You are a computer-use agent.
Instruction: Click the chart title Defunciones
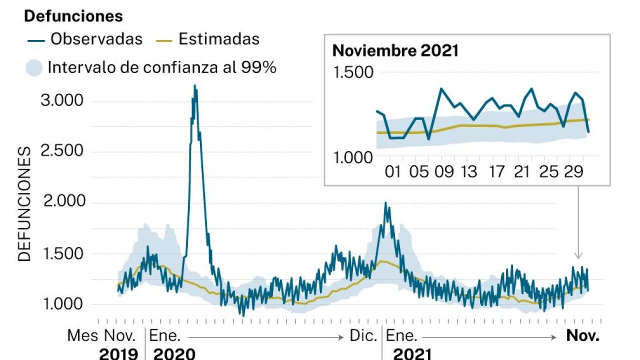coord(73,16)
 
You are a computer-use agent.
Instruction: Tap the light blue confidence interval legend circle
coord(34,67)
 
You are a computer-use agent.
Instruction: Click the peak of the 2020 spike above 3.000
coord(194,86)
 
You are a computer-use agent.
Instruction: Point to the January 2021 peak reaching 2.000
coord(385,203)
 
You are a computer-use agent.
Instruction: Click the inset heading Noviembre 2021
coord(395,51)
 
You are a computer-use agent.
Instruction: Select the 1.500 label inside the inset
coord(352,73)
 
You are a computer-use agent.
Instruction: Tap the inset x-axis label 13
coord(468,172)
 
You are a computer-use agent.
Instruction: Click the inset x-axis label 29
coord(574,172)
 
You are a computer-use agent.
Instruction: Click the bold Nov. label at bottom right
coord(582,336)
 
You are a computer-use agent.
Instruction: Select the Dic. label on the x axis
coord(363,336)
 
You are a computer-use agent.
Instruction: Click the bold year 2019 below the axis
coord(118,354)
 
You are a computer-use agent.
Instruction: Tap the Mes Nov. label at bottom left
coord(102,336)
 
